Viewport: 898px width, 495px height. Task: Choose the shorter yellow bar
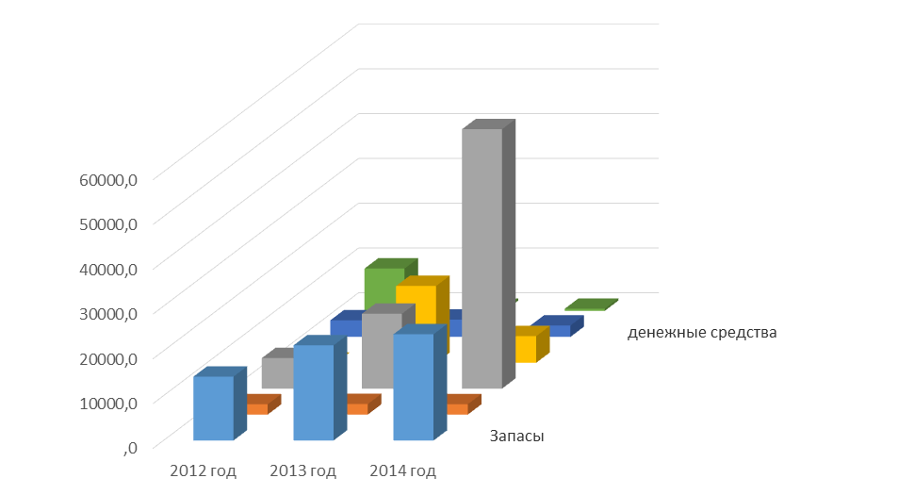click(525, 348)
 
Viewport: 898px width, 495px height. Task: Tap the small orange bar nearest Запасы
click(457, 407)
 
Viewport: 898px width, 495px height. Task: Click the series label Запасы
click(517, 436)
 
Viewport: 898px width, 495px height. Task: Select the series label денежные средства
click(701, 332)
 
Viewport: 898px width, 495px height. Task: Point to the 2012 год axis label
click(203, 470)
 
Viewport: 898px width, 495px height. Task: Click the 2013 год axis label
click(302, 470)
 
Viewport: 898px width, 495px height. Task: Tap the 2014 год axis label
click(402, 470)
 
